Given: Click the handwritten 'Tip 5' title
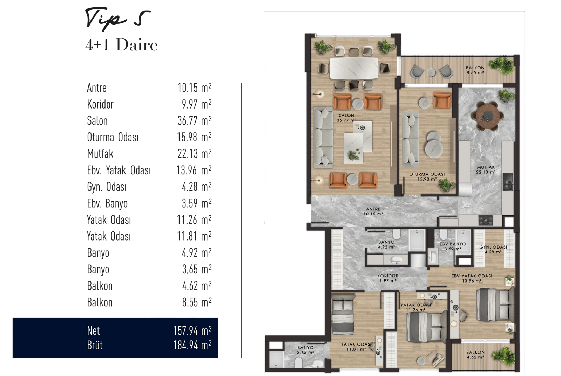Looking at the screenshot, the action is (x=118, y=20).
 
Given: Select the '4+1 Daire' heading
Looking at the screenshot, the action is (x=121, y=45).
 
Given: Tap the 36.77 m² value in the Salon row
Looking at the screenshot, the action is (x=194, y=120).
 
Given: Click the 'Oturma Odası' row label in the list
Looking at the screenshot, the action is (x=113, y=137).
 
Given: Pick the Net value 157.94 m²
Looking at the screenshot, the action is (x=192, y=330).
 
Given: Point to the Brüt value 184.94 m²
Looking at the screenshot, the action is (x=192, y=345).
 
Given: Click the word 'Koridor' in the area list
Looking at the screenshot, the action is (x=100, y=104).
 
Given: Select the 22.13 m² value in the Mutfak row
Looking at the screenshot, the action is (x=194, y=153).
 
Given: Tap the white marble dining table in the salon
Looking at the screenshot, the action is (x=354, y=68).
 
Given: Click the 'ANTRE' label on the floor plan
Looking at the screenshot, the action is (x=373, y=209).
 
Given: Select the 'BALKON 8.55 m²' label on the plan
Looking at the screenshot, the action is (x=475, y=70).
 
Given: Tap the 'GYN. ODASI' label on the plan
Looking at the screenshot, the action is (x=493, y=247).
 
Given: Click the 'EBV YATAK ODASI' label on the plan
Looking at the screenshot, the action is (x=472, y=276).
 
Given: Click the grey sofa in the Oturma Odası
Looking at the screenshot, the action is (x=410, y=139).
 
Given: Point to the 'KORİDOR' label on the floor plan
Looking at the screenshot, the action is (x=388, y=276).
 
